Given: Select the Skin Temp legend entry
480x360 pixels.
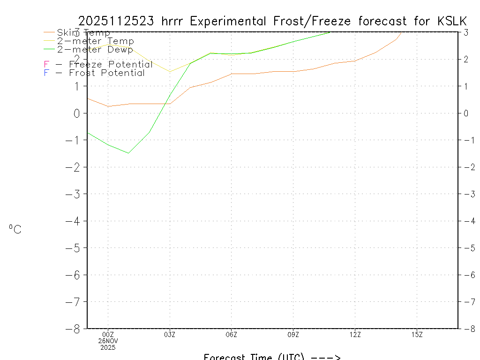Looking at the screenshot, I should (x=83, y=33).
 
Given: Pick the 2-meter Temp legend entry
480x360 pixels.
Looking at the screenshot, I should (x=95, y=41).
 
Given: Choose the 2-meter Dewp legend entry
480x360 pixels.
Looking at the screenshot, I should (x=95, y=50).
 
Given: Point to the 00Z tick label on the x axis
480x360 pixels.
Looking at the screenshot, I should (x=108, y=334).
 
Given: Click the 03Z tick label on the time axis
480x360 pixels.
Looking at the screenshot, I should (x=170, y=334).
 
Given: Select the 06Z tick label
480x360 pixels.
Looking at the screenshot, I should (x=232, y=334).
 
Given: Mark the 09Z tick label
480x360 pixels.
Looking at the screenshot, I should (x=293, y=334).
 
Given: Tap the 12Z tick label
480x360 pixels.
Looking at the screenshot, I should (x=355, y=334).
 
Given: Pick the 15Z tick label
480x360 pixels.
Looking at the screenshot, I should (x=417, y=334).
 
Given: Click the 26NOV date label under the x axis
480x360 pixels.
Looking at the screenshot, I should (x=108, y=341).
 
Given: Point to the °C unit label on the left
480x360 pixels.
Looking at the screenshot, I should (x=15, y=230).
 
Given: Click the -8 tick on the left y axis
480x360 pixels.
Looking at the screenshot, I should (x=75, y=329).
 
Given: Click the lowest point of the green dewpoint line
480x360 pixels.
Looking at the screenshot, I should (x=128, y=153).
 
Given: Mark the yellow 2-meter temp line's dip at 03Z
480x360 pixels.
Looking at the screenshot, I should (x=170, y=72).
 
